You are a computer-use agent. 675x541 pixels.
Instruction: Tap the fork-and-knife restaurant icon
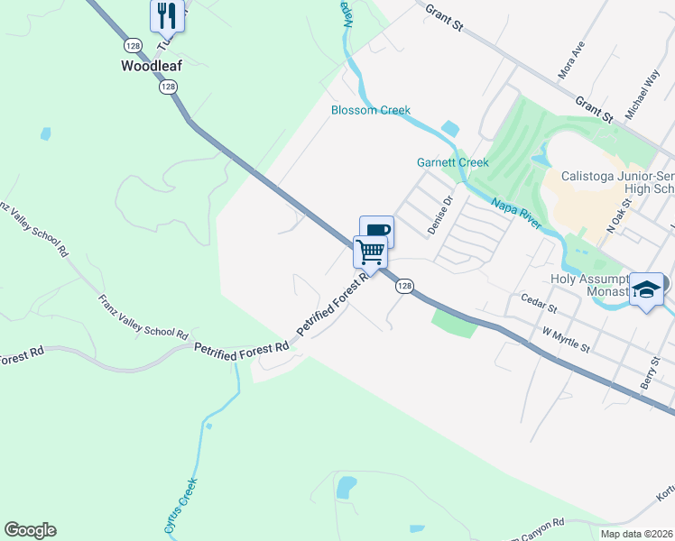point(167,14)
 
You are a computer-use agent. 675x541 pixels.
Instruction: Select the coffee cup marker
point(376,231)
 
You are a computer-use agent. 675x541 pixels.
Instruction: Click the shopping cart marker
point(370,251)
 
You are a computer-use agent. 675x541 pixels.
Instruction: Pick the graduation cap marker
point(646,289)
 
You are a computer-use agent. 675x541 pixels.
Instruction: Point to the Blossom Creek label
point(370,110)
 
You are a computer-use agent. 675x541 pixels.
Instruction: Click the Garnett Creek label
point(452,162)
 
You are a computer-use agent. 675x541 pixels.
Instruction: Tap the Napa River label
point(516,214)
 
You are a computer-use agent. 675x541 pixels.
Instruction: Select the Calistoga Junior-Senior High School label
point(617,182)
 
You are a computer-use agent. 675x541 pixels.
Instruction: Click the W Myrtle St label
point(565,340)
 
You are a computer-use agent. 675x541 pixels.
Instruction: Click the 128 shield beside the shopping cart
point(404,285)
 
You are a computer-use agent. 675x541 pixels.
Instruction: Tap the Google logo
point(30,530)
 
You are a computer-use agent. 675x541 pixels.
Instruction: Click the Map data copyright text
point(636,534)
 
